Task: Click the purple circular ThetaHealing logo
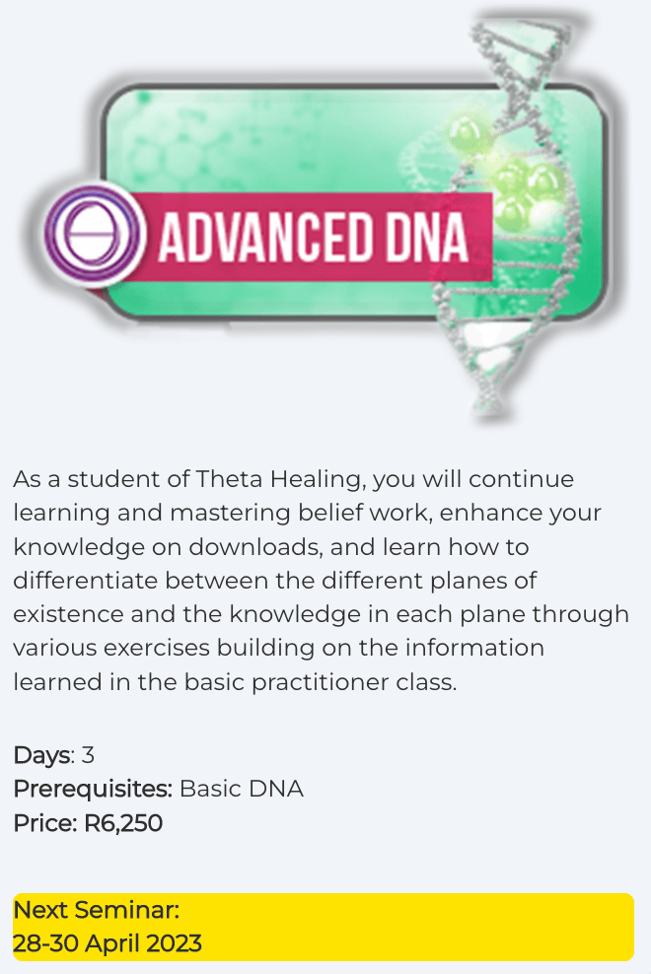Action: (95, 236)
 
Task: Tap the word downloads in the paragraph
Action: (255, 546)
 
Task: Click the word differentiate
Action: (85, 581)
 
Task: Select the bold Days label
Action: (42, 755)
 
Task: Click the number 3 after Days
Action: (88, 755)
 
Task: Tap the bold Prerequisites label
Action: (92, 790)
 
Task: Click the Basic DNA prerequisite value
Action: (242, 789)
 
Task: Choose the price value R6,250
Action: (123, 823)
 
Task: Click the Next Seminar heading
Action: (97, 910)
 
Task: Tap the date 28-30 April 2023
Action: (108, 943)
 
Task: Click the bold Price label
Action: (45, 823)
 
